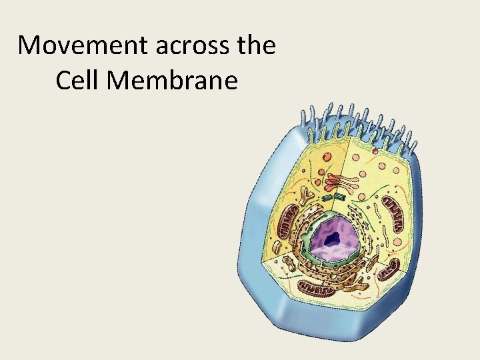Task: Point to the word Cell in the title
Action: [78, 81]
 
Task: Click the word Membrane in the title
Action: [172, 81]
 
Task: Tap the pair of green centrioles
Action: [333, 198]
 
